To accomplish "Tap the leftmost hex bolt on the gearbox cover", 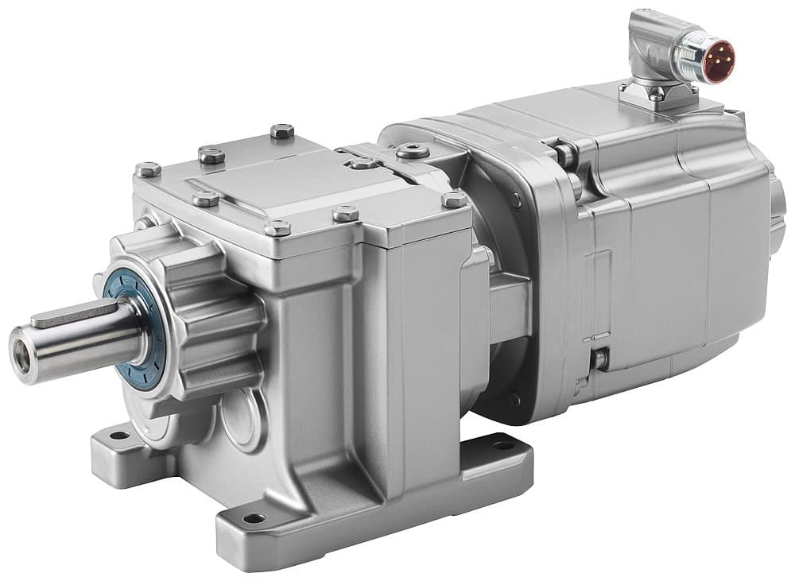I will [147, 169].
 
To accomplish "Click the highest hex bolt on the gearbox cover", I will [281, 131].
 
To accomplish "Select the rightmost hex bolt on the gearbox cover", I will [454, 199].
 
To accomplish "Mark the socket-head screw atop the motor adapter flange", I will [412, 151].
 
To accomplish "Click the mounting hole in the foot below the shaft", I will [118, 435].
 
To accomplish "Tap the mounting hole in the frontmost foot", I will [254, 518].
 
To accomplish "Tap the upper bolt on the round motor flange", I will [516, 201].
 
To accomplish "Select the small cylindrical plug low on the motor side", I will [597, 360].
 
